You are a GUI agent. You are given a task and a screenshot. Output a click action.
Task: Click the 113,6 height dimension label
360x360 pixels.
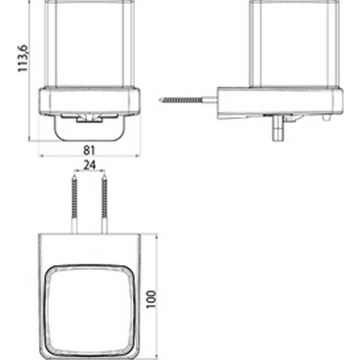tap(23, 58)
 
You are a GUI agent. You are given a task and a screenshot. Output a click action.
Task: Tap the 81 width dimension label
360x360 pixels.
tap(89, 150)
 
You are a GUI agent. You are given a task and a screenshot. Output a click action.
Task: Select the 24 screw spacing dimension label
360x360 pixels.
tap(89, 165)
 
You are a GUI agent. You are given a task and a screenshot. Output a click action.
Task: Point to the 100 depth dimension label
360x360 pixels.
tap(151, 299)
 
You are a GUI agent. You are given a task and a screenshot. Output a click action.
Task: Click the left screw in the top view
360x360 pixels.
tap(74, 204)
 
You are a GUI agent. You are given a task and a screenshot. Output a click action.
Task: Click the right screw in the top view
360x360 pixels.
tap(104, 204)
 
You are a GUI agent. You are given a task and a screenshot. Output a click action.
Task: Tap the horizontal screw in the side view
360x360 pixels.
tap(188, 100)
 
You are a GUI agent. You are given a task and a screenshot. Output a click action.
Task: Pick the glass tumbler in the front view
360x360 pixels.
tap(89, 43)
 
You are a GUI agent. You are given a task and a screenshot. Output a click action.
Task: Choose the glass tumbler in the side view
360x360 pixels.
tap(295, 43)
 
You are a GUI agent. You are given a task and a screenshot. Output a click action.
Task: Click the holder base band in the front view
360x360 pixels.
tap(89, 101)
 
